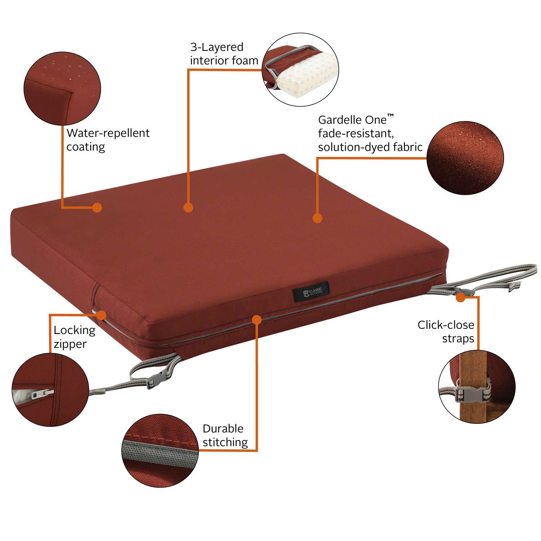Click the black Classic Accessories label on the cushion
coord(311,291)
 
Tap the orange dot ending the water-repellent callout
coord(97,207)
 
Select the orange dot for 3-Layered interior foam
coord(188,207)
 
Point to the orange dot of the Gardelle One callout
coord(317,218)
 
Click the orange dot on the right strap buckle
coord(460,298)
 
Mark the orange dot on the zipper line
coord(257,320)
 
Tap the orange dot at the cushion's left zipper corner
coord(101,315)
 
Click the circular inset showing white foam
coord(300,70)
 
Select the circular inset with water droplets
coord(62,89)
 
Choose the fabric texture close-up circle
coord(465,158)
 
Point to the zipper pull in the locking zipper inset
coord(42,394)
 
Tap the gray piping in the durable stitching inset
coord(159,453)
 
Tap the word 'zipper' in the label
coord(70,344)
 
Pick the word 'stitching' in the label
coord(225,442)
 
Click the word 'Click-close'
coord(446,325)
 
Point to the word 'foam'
coord(244,61)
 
